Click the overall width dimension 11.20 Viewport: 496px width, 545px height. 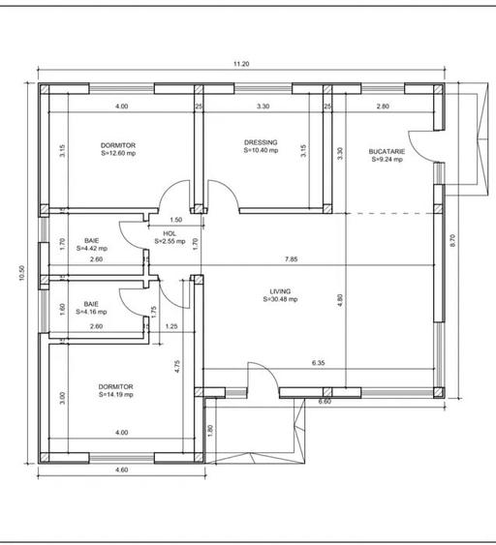[x=241, y=64]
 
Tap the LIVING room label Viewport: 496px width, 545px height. [x=281, y=290]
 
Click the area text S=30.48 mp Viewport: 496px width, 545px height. [x=281, y=299]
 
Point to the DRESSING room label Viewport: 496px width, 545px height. [x=261, y=142]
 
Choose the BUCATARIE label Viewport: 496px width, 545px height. [x=387, y=152]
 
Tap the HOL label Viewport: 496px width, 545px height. [x=170, y=233]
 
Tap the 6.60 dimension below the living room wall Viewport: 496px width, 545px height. [x=325, y=400]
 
